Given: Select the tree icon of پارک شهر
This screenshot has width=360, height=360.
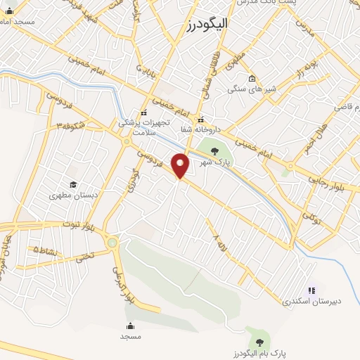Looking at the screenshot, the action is (x=215, y=150).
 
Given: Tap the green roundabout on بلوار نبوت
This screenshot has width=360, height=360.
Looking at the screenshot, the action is (x=112, y=243).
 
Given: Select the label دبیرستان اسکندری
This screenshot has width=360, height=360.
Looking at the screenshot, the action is (x=311, y=301).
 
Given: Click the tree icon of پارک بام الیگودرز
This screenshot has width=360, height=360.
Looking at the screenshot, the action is (x=260, y=342).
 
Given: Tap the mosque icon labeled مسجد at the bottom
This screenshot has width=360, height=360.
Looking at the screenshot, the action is (x=131, y=326).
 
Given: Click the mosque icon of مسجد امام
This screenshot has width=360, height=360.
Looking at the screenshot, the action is (x=9, y=11).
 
